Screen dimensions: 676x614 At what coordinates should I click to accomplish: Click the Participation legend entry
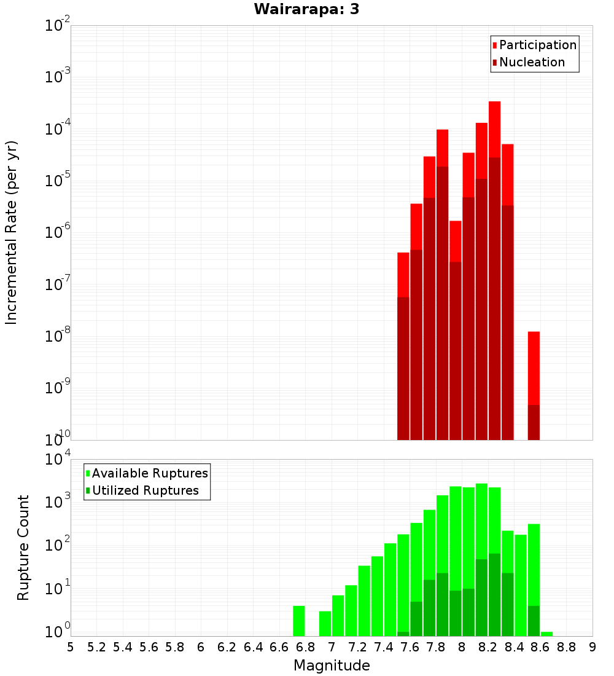click(x=538, y=45)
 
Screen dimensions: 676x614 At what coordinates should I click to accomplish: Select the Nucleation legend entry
click(x=532, y=62)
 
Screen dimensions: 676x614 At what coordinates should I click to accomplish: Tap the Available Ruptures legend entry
click(x=150, y=473)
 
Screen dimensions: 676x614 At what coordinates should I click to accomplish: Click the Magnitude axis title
click(x=332, y=666)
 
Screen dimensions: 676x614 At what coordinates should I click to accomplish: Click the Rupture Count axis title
click(x=23, y=548)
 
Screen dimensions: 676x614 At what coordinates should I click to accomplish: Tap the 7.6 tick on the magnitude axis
click(x=410, y=647)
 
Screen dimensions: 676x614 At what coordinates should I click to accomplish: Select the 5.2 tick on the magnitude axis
click(x=96, y=647)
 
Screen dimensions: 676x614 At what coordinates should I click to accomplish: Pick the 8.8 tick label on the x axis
click(x=566, y=647)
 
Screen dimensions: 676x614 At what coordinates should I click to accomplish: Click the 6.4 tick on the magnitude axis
click(x=253, y=647)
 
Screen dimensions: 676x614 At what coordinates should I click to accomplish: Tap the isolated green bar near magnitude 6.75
click(x=299, y=621)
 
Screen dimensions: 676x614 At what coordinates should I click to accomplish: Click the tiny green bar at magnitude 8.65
click(x=546, y=634)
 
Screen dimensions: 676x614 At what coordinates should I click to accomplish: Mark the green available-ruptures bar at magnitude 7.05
click(x=338, y=615)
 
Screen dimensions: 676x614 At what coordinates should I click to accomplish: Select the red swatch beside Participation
click(x=494, y=45)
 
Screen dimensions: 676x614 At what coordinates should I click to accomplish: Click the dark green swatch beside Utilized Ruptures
click(x=88, y=491)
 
